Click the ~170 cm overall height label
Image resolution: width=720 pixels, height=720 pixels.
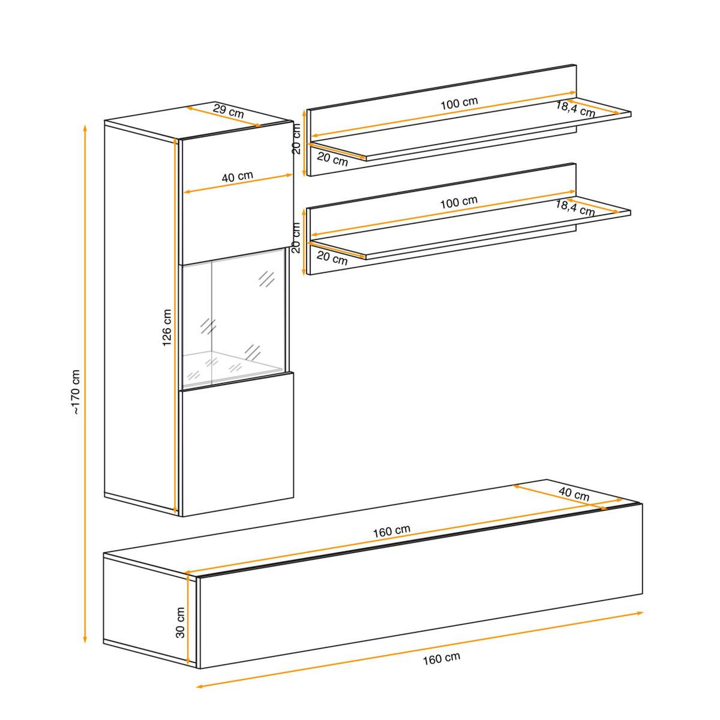pos(76,392)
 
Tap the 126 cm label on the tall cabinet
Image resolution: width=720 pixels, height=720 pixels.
pos(167,328)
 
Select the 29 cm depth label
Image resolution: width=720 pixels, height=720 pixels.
pos(229,111)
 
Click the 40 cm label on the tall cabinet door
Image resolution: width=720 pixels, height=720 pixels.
pos(237,176)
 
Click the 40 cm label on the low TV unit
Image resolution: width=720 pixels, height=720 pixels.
pos(574,495)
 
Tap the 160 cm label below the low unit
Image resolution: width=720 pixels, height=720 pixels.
pos(441,669)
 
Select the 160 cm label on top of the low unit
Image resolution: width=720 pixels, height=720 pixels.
pos(392,531)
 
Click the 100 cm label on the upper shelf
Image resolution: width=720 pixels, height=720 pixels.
pos(459,103)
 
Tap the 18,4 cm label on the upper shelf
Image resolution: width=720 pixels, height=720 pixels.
pos(576,109)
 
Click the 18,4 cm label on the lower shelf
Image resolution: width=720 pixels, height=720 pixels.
pos(575,207)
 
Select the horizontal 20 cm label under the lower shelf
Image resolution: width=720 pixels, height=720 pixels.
pos(332,258)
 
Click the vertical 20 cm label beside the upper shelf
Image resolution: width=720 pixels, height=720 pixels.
pos(296,139)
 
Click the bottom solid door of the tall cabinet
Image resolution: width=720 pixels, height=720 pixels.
pos(237,443)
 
